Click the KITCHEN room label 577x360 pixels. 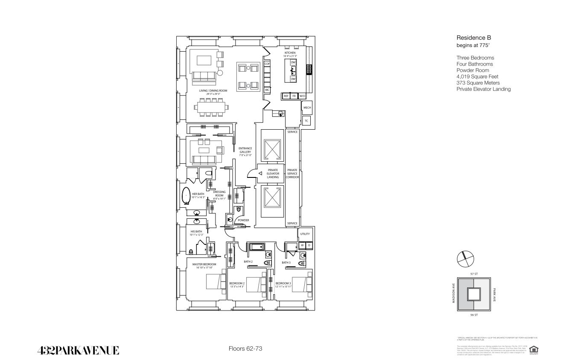pos(290,53)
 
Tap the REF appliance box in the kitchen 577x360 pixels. pos(286,96)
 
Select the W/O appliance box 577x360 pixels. pos(302,96)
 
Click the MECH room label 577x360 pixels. pos(307,107)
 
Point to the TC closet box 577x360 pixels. pos(306,121)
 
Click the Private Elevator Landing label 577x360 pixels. pos(272,174)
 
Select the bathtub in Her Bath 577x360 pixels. pos(186,196)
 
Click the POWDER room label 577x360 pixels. pos(243,220)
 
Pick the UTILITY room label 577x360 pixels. pos(305,234)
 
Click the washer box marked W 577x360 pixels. pos(302,245)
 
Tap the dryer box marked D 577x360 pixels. pos(309,245)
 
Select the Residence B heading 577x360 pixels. pos(474,38)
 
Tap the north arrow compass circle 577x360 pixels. pos(465,258)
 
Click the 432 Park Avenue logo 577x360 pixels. pos(78,351)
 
